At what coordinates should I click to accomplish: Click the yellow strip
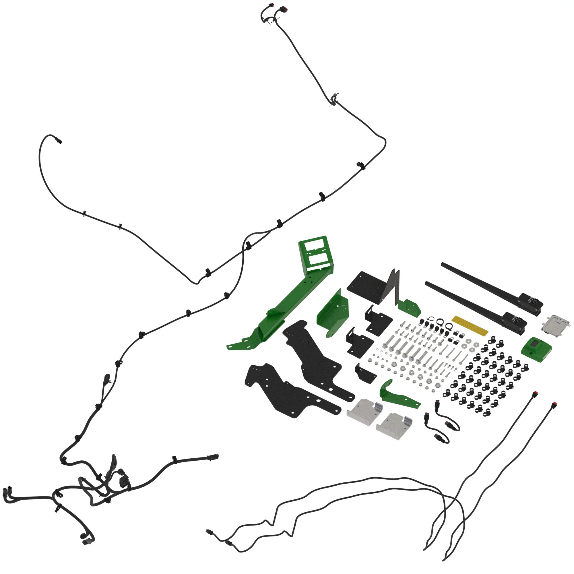470,326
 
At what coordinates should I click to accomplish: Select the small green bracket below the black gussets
410,308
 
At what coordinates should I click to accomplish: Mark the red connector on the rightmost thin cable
554,405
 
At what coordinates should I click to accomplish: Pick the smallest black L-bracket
365,374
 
